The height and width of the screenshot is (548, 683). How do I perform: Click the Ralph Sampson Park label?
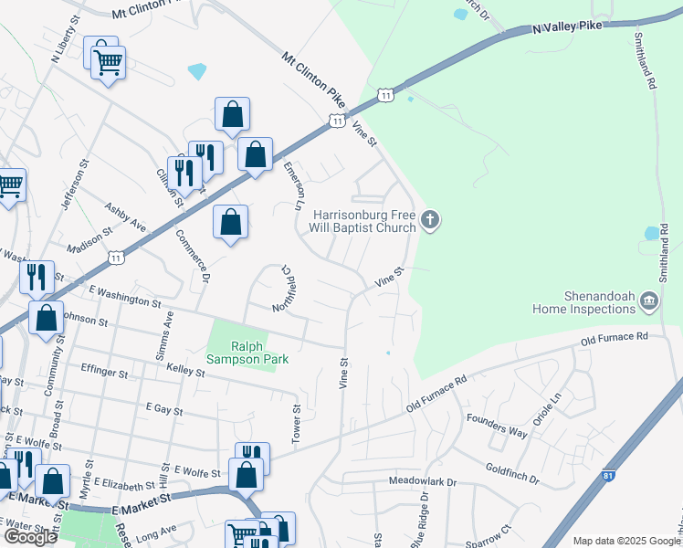coord(259,353)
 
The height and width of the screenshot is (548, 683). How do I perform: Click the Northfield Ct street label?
coord(284,289)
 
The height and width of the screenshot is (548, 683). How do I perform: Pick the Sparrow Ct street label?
coord(493,535)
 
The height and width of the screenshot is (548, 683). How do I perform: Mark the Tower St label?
coord(296,425)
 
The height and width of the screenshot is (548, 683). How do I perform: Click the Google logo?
coord(30,537)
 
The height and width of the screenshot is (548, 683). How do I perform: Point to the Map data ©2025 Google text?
coord(625,541)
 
